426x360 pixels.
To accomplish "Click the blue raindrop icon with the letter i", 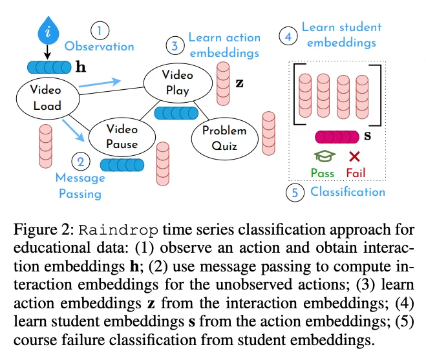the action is pyautogui.click(x=48, y=31).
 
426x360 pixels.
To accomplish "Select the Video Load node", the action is pyautogui.click(x=48, y=98).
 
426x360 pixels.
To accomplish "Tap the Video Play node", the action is pyautogui.click(x=178, y=83).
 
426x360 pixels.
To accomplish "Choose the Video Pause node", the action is pyautogui.click(x=122, y=137).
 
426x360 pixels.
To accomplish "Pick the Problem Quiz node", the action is pyautogui.click(x=224, y=138).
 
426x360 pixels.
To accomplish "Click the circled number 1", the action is pyautogui.click(x=100, y=31).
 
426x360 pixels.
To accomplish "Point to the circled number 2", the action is pyautogui.click(x=81, y=162).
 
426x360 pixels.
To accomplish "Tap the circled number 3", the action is pyautogui.click(x=175, y=45).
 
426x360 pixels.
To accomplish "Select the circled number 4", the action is pyautogui.click(x=288, y=36).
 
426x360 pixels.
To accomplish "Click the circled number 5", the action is pyautogui.click(x=295, y=193).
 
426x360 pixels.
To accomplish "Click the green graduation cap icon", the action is pyautogui.click(x=325, y=156).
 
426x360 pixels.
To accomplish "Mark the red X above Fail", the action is pyautogui.click(x=354, y=156).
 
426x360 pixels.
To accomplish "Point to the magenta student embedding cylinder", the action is pyautogui.click(x=337, y=137).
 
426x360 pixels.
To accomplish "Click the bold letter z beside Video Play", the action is pyautogui.click(x=239, y=83).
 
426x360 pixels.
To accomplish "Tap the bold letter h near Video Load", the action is pyautogui.click(x=81, y=67).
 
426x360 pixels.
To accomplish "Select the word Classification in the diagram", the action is pyautogui.click(x=348, y=192).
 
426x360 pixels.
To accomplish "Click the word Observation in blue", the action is pyautogui.click(x=100, y=47).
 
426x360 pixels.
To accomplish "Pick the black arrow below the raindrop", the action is pyautogui.click(x=48, y=52).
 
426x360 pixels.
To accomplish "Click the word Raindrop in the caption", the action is pyautogui.click(x=118, y=230).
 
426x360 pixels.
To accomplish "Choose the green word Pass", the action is pyautogui.click(x=323, y=173).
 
